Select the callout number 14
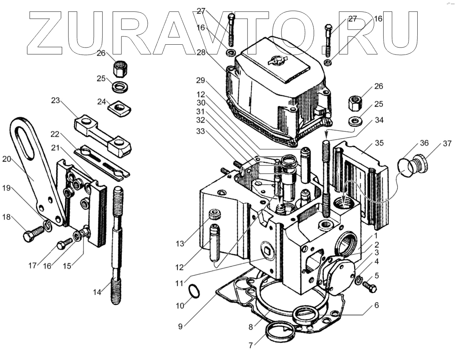(97, 292)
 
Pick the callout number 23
(56, 101)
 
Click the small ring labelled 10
(194, 292)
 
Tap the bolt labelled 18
(32, 235)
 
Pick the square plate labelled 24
(118, 108)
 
